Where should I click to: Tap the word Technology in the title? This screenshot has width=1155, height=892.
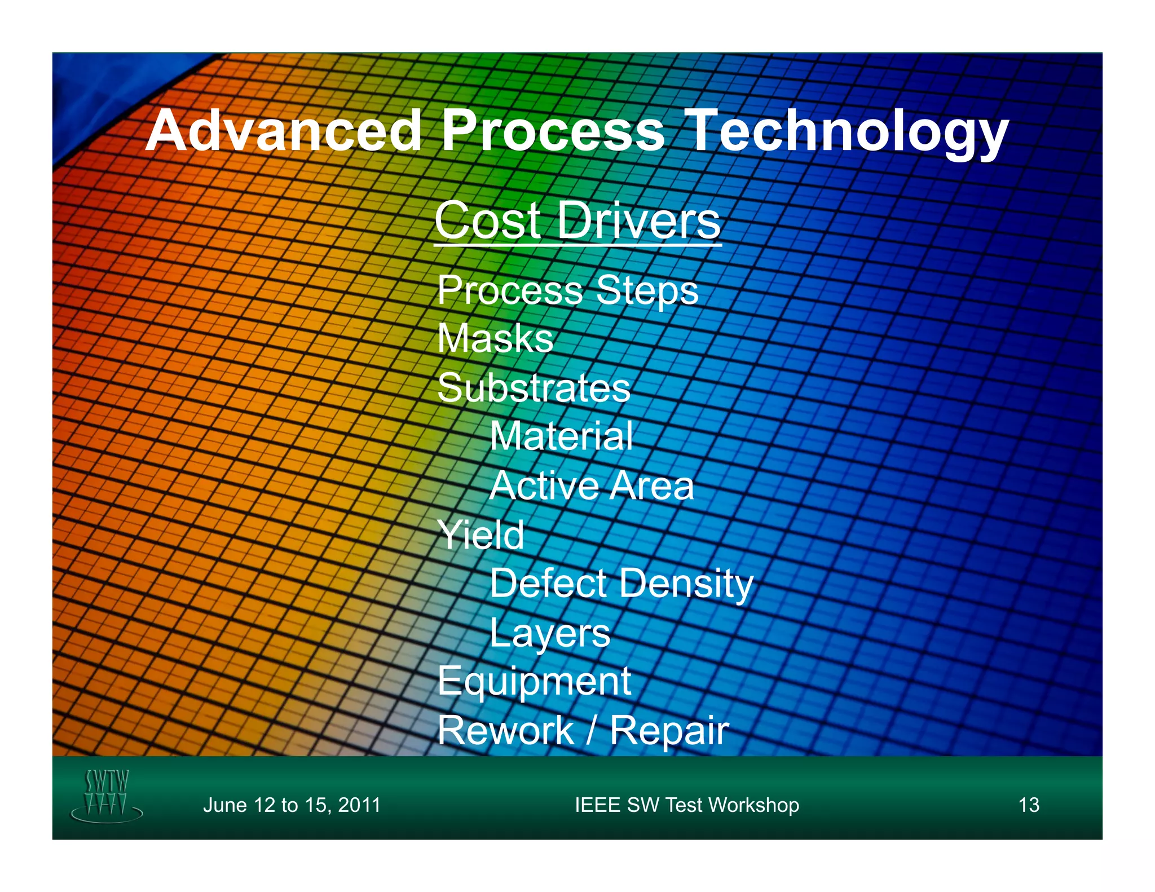pos(848,131)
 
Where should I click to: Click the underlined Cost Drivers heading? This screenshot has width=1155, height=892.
pos(577,220)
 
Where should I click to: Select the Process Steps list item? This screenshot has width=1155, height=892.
pos(567,290)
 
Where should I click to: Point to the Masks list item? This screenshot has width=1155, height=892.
pos(495,338)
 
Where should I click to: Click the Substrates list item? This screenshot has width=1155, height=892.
pos(534,388)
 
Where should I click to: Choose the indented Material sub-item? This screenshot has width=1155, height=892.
pos(561,436)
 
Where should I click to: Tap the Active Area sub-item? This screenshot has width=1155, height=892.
pos(592,485)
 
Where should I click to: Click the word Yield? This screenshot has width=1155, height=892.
pos(480,535)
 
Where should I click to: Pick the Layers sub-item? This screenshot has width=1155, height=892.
pos(550,633)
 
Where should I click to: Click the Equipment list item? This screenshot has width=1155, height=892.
pos(534,681)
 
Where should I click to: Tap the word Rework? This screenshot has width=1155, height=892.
pos(505,731)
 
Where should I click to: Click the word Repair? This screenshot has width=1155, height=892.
pos(669,731)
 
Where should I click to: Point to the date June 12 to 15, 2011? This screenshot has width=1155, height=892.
pos(292,805)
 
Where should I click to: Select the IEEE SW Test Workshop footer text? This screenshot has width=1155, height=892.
pos(686,805)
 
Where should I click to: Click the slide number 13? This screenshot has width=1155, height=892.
pos(1029,805)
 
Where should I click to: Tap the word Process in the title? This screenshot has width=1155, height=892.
pos(553,131)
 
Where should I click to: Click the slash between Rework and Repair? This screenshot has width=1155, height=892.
pos(590,731)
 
